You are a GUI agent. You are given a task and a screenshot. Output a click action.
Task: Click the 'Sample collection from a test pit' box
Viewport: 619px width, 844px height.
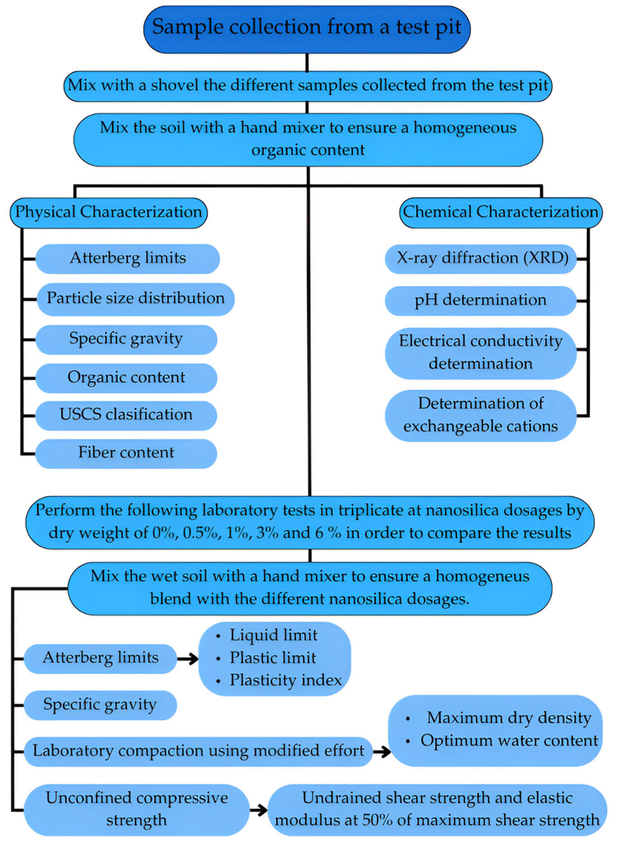click(307, 29)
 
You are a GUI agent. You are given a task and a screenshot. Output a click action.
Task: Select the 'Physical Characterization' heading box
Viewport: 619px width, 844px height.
click(108, 212)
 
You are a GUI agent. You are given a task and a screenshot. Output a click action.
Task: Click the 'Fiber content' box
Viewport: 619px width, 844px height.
click(126, 453)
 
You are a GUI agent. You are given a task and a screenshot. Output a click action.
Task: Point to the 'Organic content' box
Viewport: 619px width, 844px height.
click(126, 377)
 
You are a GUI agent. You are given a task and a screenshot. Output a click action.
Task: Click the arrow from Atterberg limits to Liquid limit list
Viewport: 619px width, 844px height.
click(188, 659)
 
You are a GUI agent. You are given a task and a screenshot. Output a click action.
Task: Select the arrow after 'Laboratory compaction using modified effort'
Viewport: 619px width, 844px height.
click(381, 752)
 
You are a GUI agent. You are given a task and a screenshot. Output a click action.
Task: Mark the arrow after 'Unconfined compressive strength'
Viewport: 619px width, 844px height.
click(258, 811)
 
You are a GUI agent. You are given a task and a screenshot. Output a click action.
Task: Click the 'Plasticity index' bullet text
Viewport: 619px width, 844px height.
click(285, 681)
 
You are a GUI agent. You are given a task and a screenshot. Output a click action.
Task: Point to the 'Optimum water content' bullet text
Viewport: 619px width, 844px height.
click(509, 741)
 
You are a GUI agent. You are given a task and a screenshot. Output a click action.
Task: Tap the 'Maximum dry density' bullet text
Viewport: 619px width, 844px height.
click(509, 718)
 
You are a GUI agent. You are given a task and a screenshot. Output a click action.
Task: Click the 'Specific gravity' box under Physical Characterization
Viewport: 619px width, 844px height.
click(126, 339)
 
